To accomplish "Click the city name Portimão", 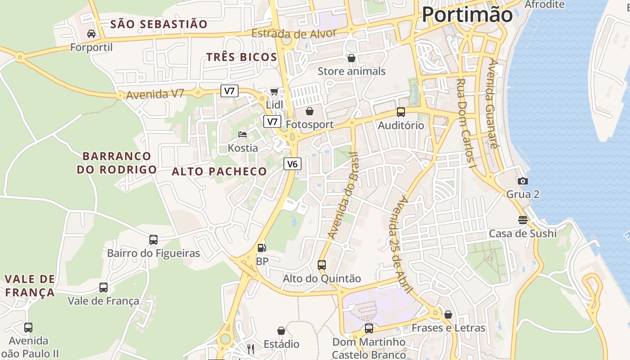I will tap(467, 15).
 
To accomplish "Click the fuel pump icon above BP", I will tap(261, 247).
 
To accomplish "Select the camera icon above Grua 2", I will tap(522, 181).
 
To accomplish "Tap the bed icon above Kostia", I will tap(243, 134).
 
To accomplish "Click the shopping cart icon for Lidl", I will tap(274, 92).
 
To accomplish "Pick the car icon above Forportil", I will tap(91, 33).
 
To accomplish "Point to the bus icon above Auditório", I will tap(400, 112).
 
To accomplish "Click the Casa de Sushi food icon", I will tap(522, 220).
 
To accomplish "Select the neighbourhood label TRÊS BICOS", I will tap(241, 57).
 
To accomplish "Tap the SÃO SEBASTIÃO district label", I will tap(159, 24).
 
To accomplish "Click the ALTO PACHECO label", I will tap(220, 171).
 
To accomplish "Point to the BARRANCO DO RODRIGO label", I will tap(117, 163).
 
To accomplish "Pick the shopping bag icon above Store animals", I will tap(351, 58).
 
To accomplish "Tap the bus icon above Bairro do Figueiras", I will tap(153, 240).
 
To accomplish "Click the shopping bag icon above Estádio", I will tap(281, 331).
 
